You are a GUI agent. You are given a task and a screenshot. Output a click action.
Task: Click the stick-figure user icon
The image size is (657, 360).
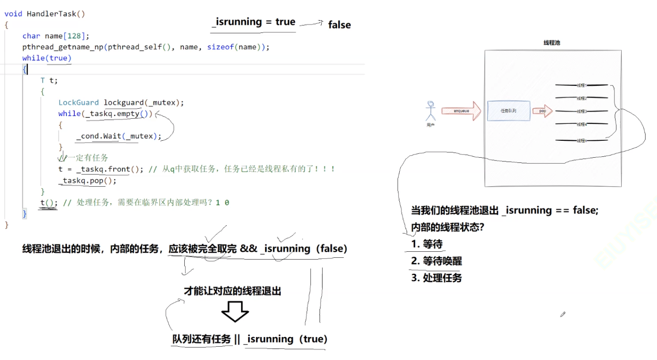(x=430, y=111)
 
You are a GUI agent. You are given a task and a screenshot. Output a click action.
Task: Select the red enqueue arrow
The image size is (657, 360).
(x=461, y=111)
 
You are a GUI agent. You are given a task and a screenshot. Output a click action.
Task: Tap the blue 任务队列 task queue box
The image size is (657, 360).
(x=508, y=111)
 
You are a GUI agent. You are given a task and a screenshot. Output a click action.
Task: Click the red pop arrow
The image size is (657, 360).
(x=542, y=111)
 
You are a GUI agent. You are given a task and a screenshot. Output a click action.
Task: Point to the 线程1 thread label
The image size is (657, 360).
(x=581, y=85)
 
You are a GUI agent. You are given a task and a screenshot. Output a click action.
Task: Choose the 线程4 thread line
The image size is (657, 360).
(x=581, y=124)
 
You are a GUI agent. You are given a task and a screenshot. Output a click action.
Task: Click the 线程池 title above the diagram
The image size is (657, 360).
(x=552, y=43)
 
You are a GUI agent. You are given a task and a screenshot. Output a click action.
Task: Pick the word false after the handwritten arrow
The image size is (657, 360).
(x=339, y=25)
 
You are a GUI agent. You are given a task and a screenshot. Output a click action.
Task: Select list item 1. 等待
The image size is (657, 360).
(x=426, y=244)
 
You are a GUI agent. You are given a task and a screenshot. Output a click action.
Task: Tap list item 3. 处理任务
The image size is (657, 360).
(x=436, y=277)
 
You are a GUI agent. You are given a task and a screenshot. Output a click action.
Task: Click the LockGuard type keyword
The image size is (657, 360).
(x=78, y=102)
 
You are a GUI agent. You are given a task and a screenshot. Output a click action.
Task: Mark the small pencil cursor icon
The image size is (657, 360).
(x=563, y=314)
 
